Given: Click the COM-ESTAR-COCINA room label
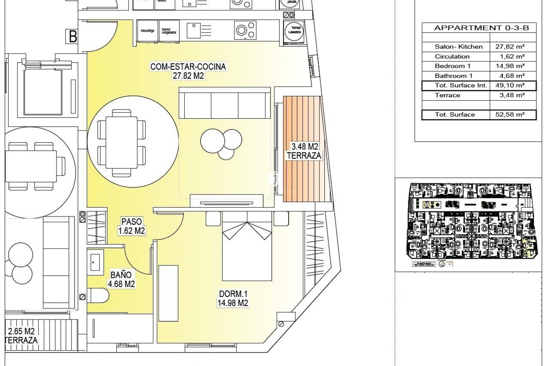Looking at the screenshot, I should [x=188, y=67].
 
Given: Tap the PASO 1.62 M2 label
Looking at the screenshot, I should [x=132, y=226].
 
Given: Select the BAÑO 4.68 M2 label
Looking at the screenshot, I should [x=121, y=279].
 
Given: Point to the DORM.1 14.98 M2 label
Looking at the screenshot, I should [x=233, y=298].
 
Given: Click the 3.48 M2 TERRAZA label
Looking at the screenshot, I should [x=304, y=151].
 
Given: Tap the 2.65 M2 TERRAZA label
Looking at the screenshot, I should [x=21, y=336].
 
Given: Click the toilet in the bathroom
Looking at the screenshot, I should [x=98, y=295].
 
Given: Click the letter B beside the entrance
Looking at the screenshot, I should [x=73, y=37].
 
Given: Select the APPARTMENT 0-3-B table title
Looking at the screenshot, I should [x=482, y=28].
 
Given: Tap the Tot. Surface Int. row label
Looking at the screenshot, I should [x=461, y=85].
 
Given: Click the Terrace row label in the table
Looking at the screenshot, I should [x=447, y=95].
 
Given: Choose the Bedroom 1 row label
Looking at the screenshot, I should [x=453, y=66].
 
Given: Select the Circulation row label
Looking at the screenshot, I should [x=452, y=56].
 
